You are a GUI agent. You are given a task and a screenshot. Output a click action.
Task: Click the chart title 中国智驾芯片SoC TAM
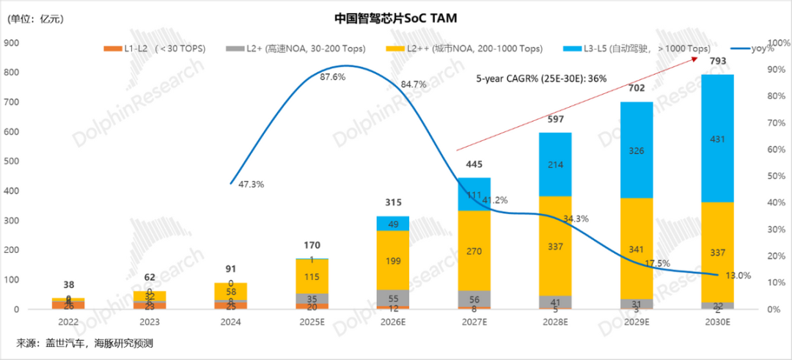click(395, 17)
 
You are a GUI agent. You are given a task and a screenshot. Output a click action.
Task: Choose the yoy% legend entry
click(755, 48)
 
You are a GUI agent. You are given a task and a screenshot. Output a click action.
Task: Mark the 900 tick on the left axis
click(12, 43)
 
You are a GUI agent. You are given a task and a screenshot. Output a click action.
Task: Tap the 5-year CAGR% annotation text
click(541, 78)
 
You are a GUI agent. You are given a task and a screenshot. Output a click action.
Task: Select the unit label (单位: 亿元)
click(35, 20)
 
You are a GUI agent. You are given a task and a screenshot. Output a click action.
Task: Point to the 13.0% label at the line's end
click(736, 276)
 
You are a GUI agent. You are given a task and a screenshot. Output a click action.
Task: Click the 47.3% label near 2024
click(251, 185)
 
